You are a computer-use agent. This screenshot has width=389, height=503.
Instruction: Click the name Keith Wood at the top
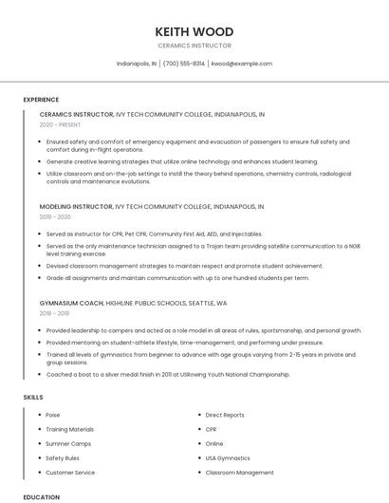[194, 31]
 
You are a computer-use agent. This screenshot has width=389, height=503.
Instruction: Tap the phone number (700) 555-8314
[184, 64]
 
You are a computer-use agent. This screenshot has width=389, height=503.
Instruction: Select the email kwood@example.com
[242, 64]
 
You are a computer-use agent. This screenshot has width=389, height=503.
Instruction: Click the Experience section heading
[41, 100]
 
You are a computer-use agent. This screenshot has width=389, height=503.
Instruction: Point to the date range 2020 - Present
[60, 124]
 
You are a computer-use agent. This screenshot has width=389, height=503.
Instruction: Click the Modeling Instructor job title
[76, 206]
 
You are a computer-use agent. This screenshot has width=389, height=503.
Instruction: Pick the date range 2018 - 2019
[54, 313]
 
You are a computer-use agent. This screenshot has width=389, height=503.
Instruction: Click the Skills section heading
[33, 397]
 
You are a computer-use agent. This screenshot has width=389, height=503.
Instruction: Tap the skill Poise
[53, 415]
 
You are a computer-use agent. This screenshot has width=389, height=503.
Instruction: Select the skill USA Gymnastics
[228, 457]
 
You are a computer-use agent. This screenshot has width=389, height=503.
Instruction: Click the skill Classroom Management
[239, 472]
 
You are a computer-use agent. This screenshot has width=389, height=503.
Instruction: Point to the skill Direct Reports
[225, 415]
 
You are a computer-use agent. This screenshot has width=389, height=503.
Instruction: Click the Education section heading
[41, 496]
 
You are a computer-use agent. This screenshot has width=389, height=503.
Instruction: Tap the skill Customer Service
[70, 472]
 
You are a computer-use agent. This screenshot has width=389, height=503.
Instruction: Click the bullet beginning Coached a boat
[168, 374]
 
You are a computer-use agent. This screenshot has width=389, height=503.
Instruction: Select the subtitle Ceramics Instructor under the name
[194, 46]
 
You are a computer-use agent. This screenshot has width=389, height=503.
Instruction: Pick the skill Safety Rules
[63, 457]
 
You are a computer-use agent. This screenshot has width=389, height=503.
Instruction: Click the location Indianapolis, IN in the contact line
[137, 64]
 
